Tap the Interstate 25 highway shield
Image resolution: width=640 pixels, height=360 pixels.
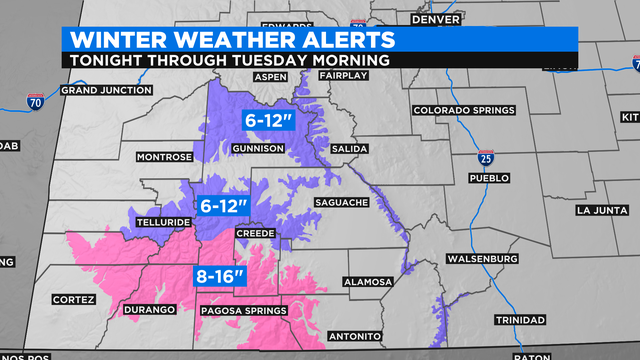pyautogui.click(x=486, y=157)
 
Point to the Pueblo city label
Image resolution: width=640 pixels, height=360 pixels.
pyautogui.click(x=489, y=178)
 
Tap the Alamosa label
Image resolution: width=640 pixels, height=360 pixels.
pyautogui.click(x=368, y=282)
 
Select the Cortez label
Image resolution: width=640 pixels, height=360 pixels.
pyautogui.click(x=74, y=299)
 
